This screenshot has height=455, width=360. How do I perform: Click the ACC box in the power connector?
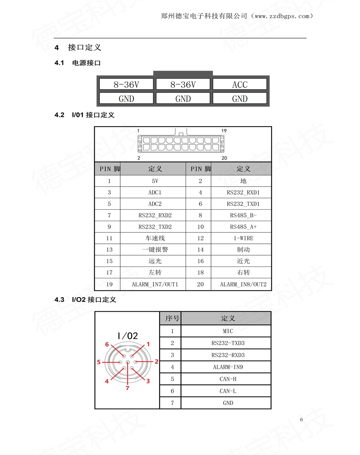[239, 85]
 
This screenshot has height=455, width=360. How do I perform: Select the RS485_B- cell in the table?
[243, 215]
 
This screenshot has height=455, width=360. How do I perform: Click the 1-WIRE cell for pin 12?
[243, 238]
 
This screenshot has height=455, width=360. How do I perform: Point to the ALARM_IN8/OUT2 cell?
[243, 284]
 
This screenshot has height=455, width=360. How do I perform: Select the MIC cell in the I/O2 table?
[228, 331]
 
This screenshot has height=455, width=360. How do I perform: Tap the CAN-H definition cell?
[228, 379]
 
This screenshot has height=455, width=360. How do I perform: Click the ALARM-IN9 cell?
[228, 367]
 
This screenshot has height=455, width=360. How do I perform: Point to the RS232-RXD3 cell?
[228, 355]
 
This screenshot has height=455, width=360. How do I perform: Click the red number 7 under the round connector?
[128, 388]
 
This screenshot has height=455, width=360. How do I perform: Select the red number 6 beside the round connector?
[107, 344]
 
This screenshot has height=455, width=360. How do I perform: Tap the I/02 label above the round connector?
[128, 336]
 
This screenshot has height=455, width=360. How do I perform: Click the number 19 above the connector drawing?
[224, 130]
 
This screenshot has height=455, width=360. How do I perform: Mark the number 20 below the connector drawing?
[224, 158]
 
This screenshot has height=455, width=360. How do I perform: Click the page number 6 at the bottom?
[301, 419]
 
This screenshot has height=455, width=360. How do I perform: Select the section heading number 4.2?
[60, 115]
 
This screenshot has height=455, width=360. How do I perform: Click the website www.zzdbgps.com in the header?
[282, 16]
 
